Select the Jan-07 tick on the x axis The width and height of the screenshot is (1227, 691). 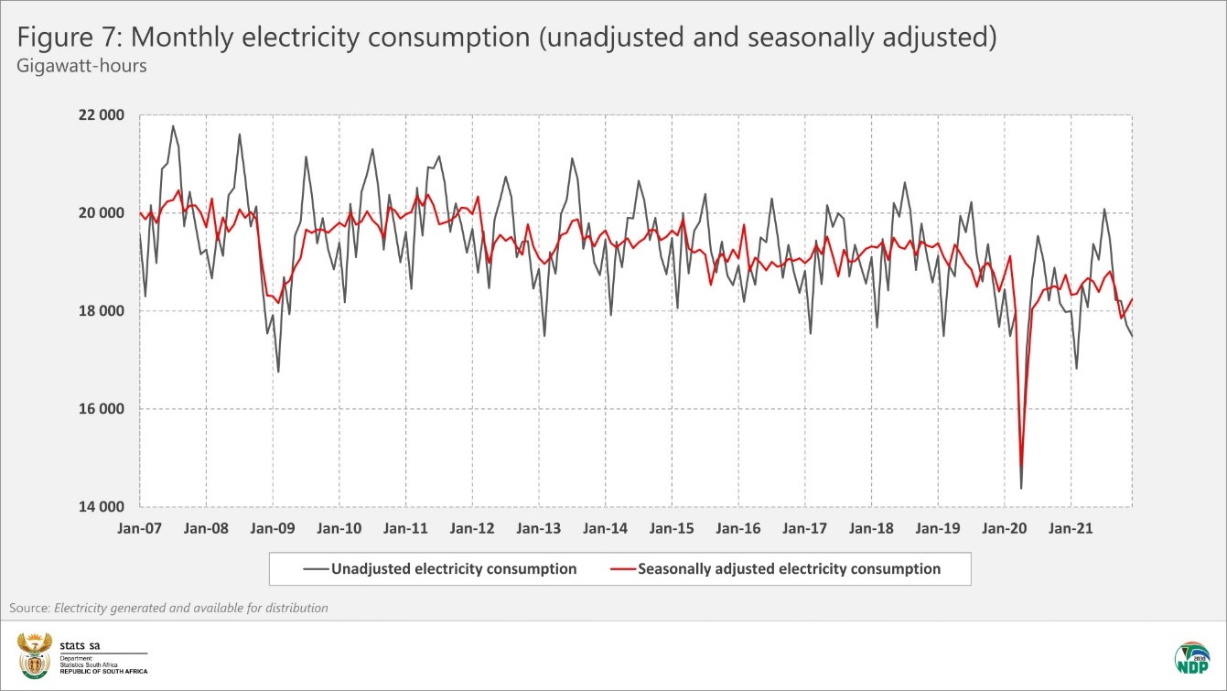[x=140, y=528]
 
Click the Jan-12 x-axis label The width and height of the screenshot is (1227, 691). [x=472, y=528]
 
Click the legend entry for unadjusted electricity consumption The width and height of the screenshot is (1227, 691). [x=440, y=568]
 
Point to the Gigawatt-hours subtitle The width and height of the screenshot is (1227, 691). [x=81, y=67]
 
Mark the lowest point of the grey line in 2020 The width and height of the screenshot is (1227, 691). [x=1021, y=488]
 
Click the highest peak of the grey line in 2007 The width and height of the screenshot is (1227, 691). [x=173, y=126]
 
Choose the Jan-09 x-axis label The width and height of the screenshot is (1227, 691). [x=273, y=528]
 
